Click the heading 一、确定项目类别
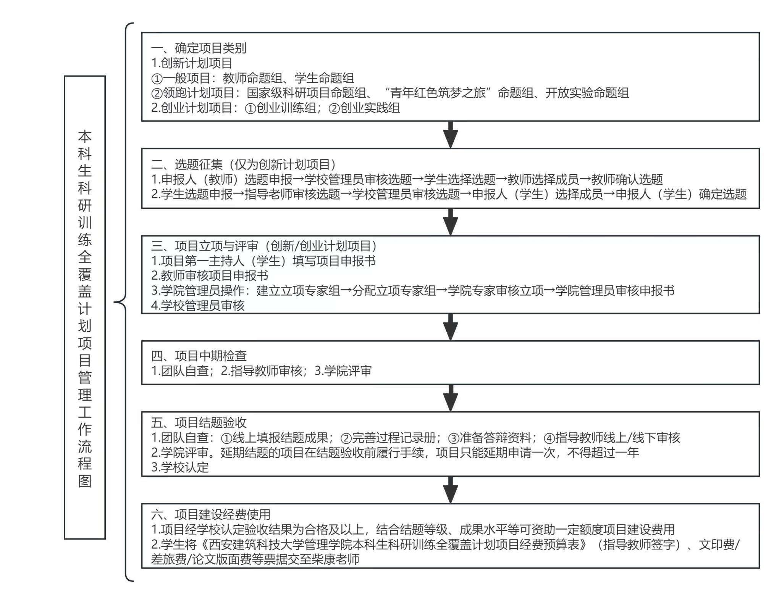(199, 48)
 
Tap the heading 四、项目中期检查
(199, 356)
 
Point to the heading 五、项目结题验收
(199, 422)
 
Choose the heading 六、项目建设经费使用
(211, 515)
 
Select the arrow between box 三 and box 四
(451, 327)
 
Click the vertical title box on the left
(85, 308)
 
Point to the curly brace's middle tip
(116, 303)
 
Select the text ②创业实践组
(364, 108)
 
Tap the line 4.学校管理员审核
(198, 306)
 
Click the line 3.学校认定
(180, 467)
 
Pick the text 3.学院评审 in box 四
(343, 371)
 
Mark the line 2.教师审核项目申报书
(210, 275)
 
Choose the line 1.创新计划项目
(192, 63)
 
